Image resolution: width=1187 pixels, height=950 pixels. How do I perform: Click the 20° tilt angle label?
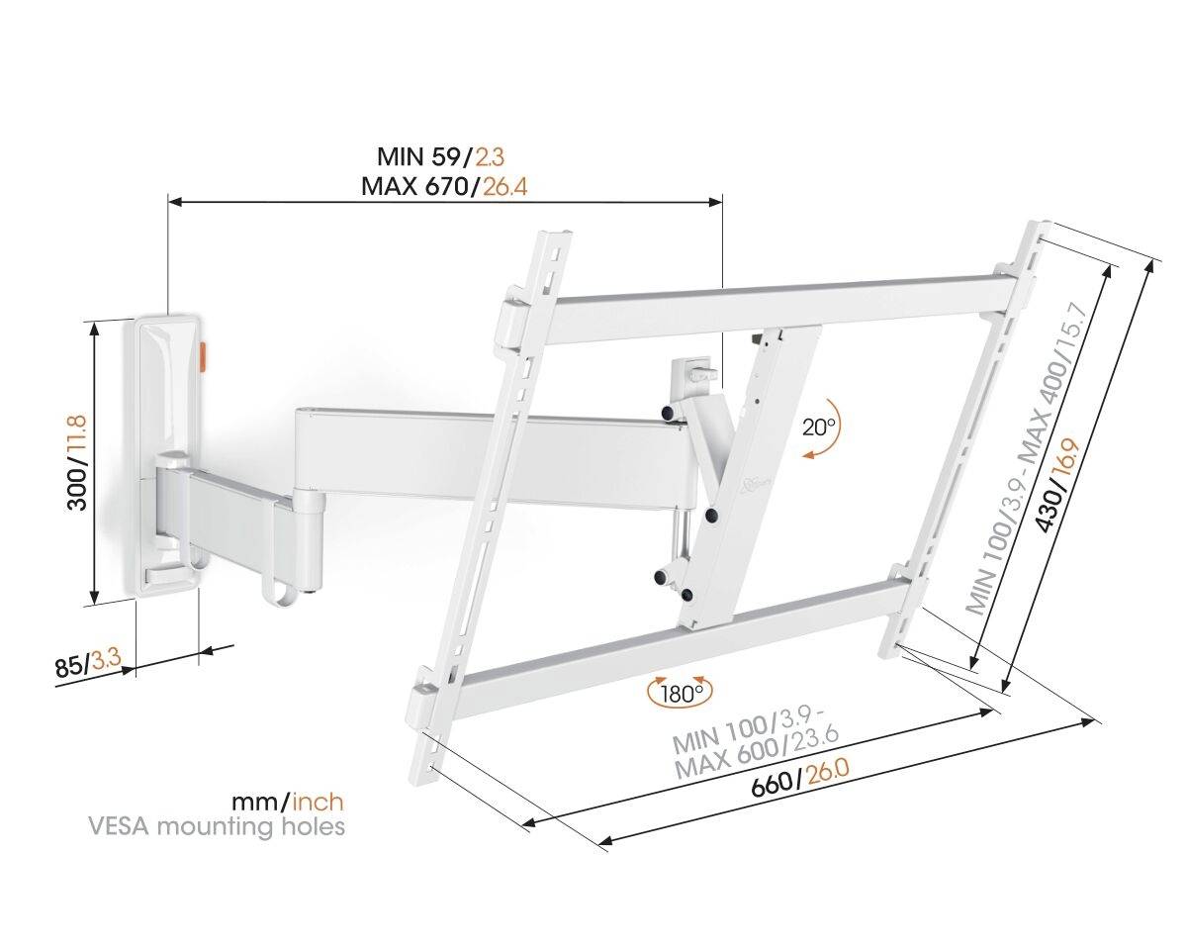tap(818, 427)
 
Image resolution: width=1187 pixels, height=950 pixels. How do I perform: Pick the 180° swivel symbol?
tap(679, 692)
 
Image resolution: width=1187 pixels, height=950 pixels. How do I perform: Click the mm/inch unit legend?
tap(288, 801)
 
